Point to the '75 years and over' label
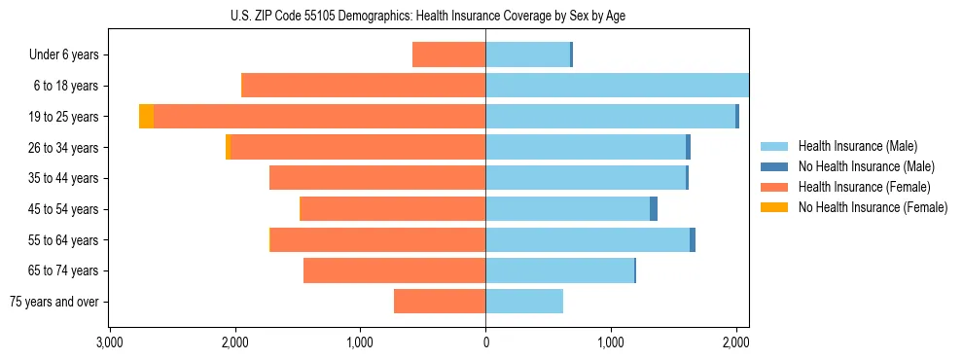54,302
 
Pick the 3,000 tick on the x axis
110,342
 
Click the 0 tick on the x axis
485,342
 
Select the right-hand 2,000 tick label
735,342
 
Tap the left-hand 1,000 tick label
360,342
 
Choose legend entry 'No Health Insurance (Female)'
873,207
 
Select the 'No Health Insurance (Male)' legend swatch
774,166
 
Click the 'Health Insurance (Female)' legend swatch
774,187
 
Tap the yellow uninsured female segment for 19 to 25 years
146,117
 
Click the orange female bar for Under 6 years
448,54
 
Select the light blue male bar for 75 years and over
524,302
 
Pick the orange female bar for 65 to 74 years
394,270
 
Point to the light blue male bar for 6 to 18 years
617,86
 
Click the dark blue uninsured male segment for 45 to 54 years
654,209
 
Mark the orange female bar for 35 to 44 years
377,178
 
